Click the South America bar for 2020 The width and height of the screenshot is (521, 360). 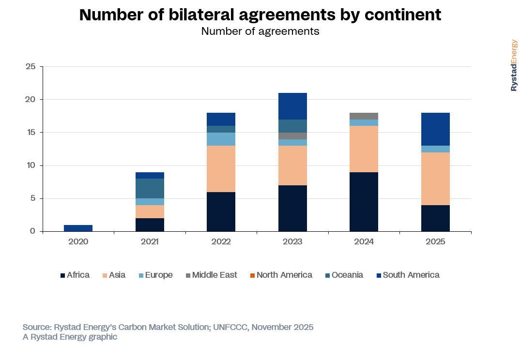tap(78, 228)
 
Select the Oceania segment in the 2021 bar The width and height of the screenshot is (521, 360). tap(150, 189)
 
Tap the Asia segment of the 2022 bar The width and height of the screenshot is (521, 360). tap(221, 169)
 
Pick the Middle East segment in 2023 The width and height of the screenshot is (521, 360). tap(292, 136)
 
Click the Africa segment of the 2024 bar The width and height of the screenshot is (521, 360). tap(364, 202)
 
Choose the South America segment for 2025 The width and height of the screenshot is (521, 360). tap(435, 129)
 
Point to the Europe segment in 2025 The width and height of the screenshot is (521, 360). tap(435, 149)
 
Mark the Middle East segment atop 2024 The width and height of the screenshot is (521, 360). tap(364, 116)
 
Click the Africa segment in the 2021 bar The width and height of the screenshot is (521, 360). tap(150, 225)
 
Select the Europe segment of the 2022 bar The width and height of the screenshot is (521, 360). tap(221, 139)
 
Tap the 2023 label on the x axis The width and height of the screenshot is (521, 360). tap(292, 241)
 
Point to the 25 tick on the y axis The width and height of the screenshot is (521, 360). tap(31, 66)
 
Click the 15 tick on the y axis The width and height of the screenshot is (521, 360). tap(31, 133)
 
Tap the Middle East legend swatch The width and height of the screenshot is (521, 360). tap(187, 275)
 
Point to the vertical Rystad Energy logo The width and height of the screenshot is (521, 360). tap(514, 65)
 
